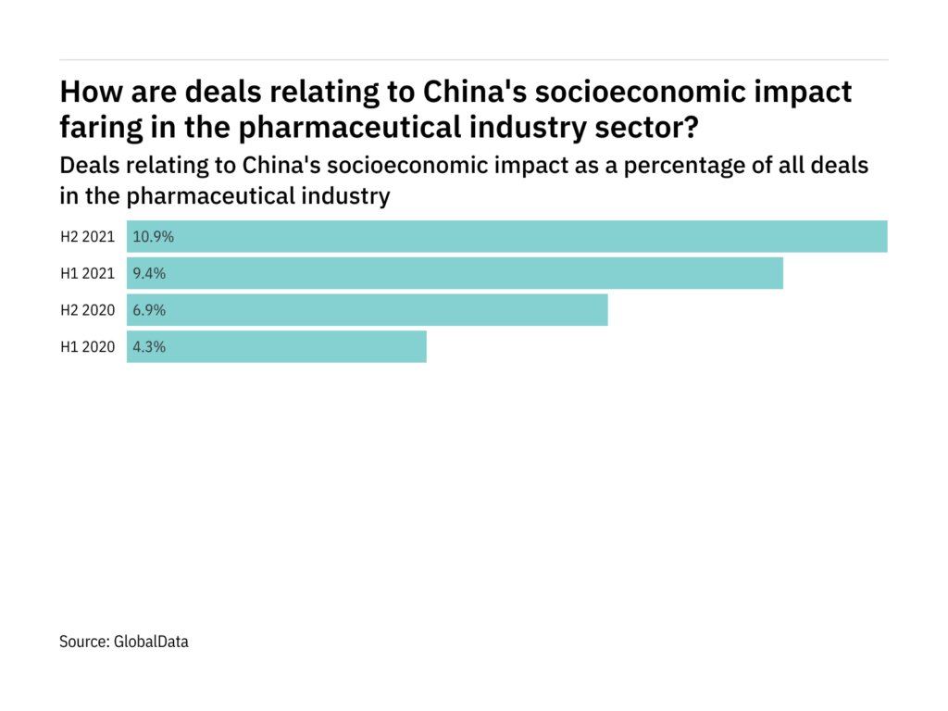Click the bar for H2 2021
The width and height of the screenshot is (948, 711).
(x=507, y=236)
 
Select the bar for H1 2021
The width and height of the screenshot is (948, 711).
(x=455, y=273)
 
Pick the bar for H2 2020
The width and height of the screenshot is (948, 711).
(x=367, y=310)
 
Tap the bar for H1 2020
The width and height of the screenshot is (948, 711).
(x=277, y=347)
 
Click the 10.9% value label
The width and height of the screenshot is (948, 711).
(x=154, y=236)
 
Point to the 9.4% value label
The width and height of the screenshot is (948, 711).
(x=149, y=273)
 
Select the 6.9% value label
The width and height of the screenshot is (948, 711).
(x=149, y=310)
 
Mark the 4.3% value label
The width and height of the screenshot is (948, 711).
(x=149, y=347)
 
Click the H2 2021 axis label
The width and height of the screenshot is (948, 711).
(x=87, y=236)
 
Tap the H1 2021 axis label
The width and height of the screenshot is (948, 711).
(x=87, y=273)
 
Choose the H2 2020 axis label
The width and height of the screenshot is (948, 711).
(x=87, y=310)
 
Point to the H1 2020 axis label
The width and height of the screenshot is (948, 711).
(x=87, y=347)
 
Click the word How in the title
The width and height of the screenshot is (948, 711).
(x=89, y=93)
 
